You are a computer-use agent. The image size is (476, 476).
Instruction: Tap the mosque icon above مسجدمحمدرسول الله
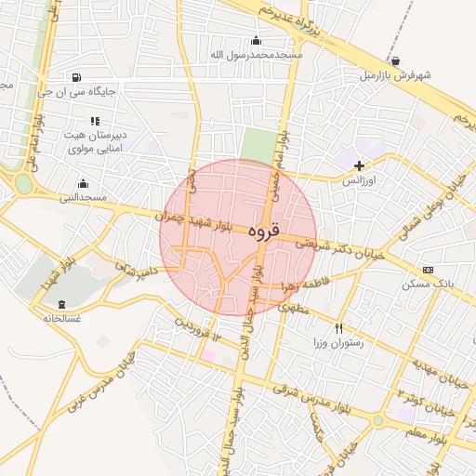(x=257, y=40)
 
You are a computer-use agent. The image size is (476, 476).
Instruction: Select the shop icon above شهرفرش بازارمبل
(x=396, y=61)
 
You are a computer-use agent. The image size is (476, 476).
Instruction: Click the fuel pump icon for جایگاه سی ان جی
(x=75, y=77)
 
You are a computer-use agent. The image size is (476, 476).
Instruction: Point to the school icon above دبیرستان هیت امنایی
(x=94, y=121)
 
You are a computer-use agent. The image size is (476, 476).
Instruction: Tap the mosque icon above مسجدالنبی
(x=84, y=183)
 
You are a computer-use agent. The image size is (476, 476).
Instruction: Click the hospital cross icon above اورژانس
(x=359, y=165)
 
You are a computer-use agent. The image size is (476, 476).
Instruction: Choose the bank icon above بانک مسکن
(x=428, y=270)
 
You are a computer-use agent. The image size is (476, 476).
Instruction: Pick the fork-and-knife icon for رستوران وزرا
(x=338, y=328)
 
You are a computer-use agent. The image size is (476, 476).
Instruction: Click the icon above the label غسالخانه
(x=62, y=304)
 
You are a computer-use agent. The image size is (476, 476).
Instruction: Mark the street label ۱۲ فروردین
(x=197, y=328)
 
